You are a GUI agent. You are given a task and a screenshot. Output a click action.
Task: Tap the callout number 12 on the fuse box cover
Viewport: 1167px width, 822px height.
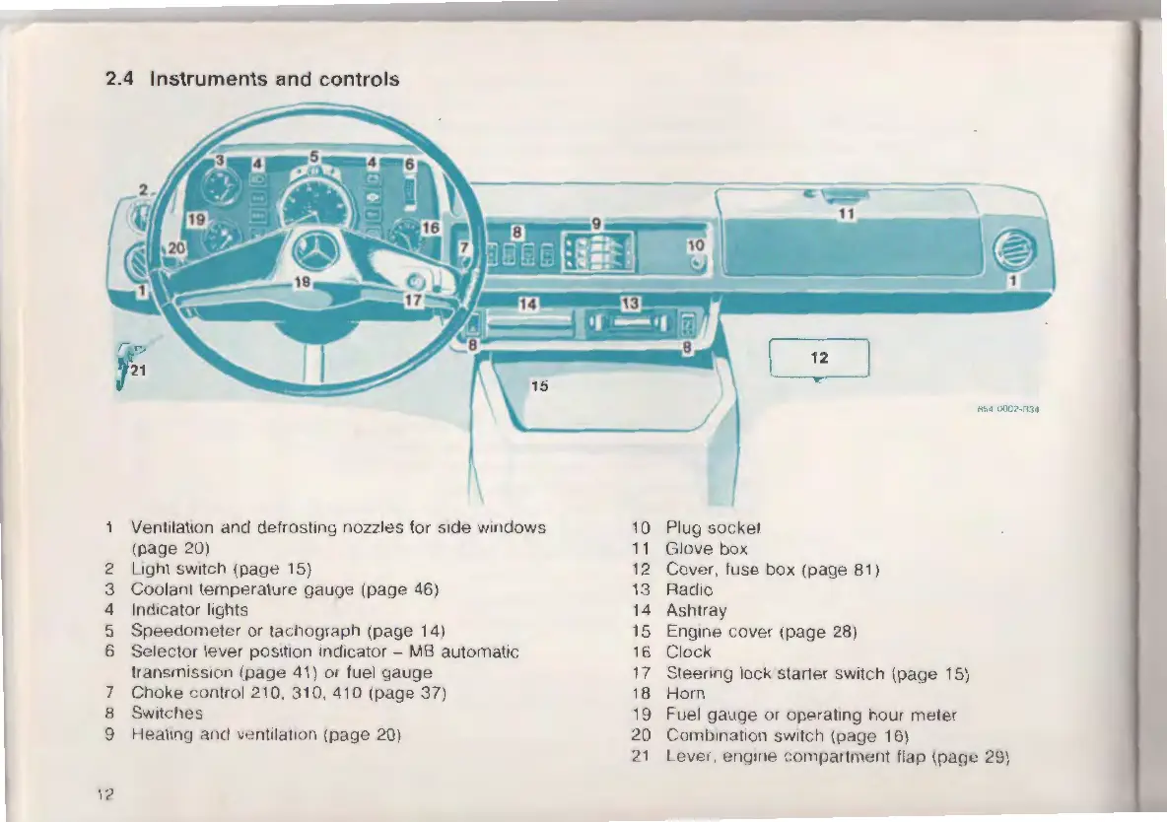pos(819,357)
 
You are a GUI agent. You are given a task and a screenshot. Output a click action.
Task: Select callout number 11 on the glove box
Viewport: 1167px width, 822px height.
pos(846,212)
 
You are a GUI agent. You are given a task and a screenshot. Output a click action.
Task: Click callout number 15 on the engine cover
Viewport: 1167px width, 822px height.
pos(538,385)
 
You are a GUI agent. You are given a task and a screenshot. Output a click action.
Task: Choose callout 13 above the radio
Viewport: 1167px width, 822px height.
pos(630,302)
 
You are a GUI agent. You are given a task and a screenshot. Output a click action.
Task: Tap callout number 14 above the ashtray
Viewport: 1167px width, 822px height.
pos(527,304)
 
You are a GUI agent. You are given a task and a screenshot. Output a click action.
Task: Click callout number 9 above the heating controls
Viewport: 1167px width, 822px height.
pos(595,224)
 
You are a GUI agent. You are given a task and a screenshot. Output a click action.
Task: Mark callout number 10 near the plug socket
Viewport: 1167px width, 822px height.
pos(696,244)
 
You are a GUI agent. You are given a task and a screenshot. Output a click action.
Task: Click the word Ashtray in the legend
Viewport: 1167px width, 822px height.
pos(696,610)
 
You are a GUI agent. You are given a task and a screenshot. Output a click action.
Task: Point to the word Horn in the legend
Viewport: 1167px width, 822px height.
pos(685,693)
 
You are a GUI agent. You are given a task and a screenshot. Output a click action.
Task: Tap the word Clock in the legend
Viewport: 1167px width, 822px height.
pos(688,651)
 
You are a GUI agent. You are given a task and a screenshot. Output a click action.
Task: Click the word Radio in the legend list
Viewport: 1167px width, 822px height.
pos(688,589)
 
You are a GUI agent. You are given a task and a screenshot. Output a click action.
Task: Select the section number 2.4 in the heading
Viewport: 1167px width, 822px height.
pos(121,79)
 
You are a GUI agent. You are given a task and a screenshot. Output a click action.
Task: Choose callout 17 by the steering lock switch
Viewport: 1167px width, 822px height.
pos(414,301)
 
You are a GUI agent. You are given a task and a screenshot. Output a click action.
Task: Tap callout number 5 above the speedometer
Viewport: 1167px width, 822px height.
pos(314,156)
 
